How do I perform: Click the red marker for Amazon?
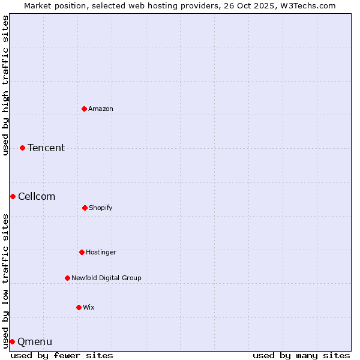click(x=85, y=109)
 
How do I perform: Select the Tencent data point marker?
click(x=23, y=148)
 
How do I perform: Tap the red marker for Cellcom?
click(x=13, y=196)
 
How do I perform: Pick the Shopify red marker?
click(x=85, y=208)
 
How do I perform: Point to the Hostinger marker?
click(x=82, y=252)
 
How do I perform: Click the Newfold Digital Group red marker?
click(x=67, y=278)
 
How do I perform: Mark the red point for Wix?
click(x=79, y=307)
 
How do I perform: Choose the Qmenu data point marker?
click(x=12, y=341)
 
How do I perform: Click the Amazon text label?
click(x=101, y=109)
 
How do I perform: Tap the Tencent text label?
click(x=46, y=148)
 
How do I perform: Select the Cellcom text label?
click(x=37, y=196)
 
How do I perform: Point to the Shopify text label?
click(x=101, y=208)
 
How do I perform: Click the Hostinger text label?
click(x=101, y=252)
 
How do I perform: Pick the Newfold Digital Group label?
click(x=106, y=278)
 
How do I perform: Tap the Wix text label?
click(x=89, y=307)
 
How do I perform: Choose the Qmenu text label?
click(x=35, y=341)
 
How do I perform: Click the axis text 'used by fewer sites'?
click(x=62, y=355)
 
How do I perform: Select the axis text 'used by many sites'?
click(x=301, y=355)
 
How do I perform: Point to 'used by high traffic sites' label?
click(x=5, y=85)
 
